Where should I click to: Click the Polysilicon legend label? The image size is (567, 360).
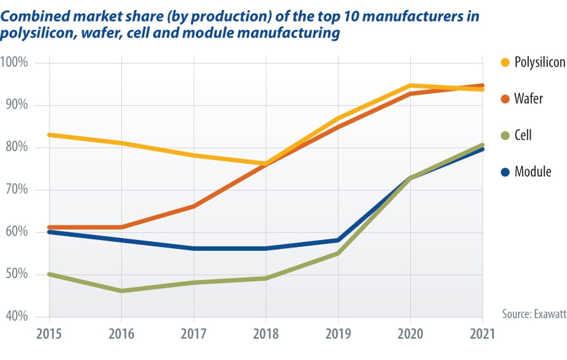coord(540,63)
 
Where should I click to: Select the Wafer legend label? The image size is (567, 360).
coord(528,99)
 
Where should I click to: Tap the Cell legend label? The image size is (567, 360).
coord(523,135)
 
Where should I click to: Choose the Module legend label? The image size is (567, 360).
coord(533,171)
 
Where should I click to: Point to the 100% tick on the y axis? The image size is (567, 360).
coord(15,63)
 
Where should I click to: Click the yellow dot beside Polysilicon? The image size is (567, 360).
coord(505,63)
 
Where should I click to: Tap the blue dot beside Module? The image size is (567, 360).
coord(505,171)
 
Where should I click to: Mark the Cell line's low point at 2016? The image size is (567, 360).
coord(121,291)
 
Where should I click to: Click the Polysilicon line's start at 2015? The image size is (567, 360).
coord(49,135)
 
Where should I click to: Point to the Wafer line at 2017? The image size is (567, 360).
coord(193,206)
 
